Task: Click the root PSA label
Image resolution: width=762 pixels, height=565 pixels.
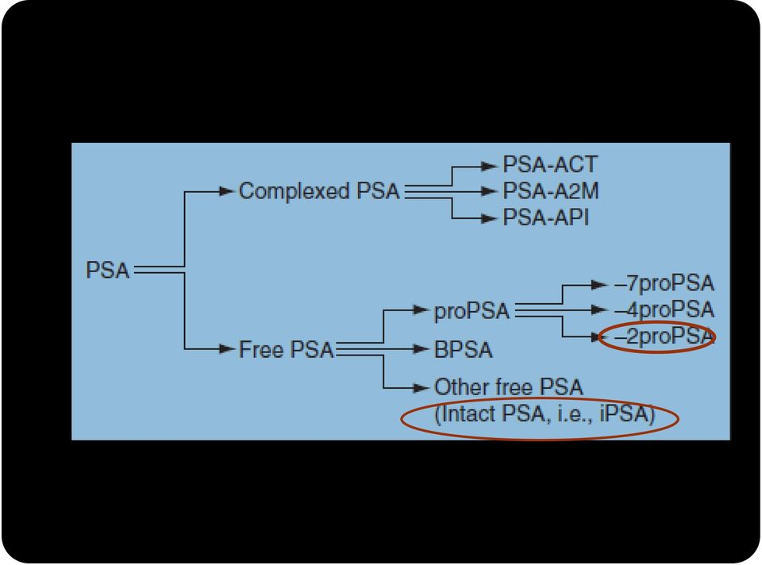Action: (x=107, y=270)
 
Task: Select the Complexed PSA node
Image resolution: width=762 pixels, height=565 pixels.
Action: (x=319, y=191)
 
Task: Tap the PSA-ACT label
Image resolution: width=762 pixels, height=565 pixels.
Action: (x=549, y=165)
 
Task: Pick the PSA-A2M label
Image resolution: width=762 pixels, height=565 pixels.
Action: (x=551, y=191)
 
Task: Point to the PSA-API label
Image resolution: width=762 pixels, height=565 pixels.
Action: (x=546, y=217)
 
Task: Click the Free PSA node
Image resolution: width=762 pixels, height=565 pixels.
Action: (x=287, y=349)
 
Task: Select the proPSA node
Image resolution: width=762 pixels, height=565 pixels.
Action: (x=471, y=311)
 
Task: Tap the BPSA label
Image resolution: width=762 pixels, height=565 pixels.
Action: (x=463, y=349)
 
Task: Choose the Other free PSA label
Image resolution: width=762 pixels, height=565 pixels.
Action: (x=508, y=387)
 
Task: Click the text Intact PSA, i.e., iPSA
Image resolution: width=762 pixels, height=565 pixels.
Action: (x=545, y=414)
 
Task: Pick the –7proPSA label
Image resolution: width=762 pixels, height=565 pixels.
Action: (x=664, y=284)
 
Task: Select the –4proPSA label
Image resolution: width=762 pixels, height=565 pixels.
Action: (x=664, y=310)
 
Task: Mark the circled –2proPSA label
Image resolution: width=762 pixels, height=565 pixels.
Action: (x=664, y=336)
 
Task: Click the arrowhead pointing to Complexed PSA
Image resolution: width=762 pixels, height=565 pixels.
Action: (x=227, y=191)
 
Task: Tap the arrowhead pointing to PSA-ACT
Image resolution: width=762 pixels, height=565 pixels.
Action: (x=490, y=166)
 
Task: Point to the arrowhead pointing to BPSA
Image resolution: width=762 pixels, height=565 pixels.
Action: (x=421, y=349)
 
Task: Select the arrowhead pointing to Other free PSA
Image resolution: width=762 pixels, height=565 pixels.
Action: (x=421, y=388)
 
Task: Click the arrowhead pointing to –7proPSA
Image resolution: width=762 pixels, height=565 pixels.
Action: (x=600, y=285)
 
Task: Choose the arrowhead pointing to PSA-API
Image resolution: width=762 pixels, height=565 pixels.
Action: (x=490, y=218)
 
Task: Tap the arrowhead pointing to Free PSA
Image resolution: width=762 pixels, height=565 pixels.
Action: (x=227, y=349)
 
